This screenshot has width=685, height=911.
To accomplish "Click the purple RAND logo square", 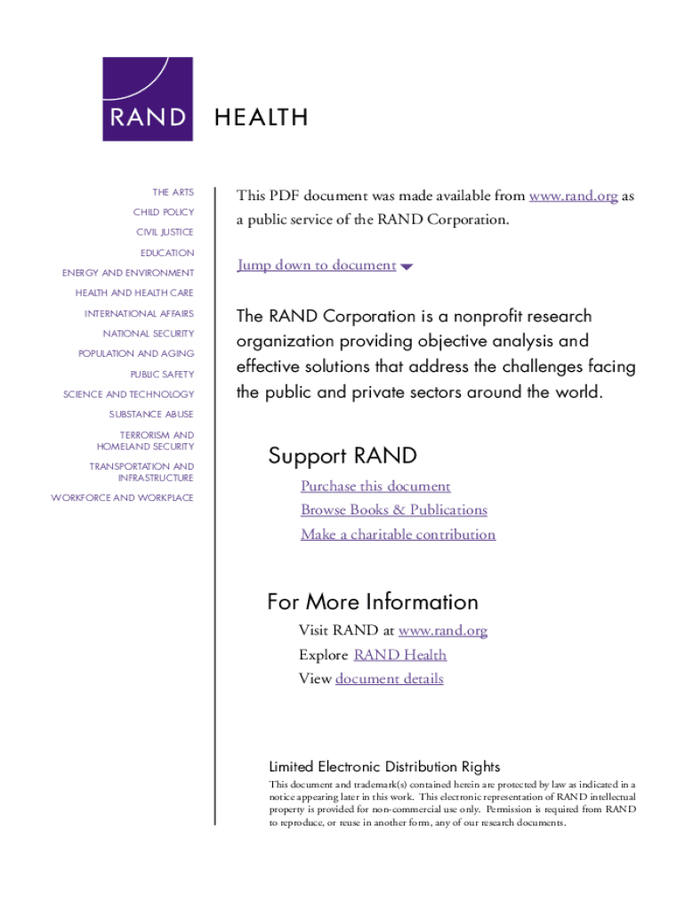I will tap(148, 99).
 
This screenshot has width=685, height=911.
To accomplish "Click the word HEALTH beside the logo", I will tap(261, 117).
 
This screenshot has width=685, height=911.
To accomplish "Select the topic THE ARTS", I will tap(173, 192).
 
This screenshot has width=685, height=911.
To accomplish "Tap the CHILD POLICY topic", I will tap(164, 213).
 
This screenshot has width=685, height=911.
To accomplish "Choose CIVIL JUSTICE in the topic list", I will tap(165, 232).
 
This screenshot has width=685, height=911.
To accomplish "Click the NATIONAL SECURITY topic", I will tap(148, 334).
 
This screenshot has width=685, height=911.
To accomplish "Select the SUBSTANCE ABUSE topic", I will tap(151, 415).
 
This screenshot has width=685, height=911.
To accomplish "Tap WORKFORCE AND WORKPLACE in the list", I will tap(122, 498).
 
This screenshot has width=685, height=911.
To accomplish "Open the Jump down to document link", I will tap(317, 265).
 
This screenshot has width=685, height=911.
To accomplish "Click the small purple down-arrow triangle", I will tap(407, 267).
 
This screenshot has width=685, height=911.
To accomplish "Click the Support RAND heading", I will tap(342, 456).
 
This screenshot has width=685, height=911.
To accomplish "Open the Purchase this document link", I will tap(375, 487).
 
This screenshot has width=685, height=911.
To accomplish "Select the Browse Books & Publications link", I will tap(394, 511).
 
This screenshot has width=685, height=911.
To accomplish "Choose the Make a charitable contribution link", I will tap(398, 535).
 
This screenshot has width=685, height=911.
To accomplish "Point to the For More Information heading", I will tap(373, 602).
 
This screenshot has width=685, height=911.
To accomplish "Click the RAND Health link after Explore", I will tap(399, 656).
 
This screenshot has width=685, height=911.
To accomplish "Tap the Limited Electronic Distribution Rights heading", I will tap(384, 767).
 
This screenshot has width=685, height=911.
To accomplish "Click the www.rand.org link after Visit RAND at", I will tap(443, 632).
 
